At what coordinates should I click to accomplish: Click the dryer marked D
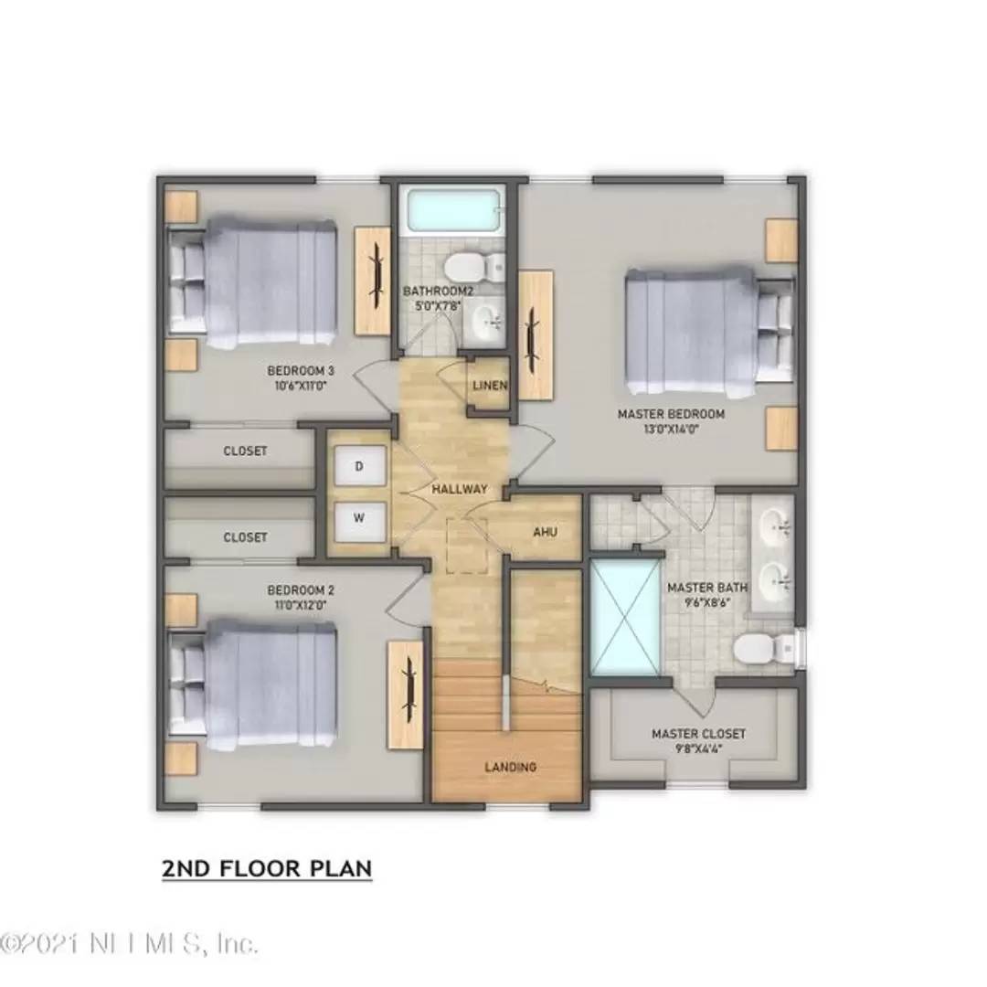point(358,467)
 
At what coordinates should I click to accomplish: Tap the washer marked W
point(358,518)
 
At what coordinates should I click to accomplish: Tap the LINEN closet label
point(490,386)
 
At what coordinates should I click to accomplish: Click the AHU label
point(546,531)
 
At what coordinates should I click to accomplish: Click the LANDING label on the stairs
point(511,767)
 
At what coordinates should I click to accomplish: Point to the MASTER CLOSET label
point(698,734)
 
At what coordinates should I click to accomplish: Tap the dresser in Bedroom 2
point(405,695)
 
